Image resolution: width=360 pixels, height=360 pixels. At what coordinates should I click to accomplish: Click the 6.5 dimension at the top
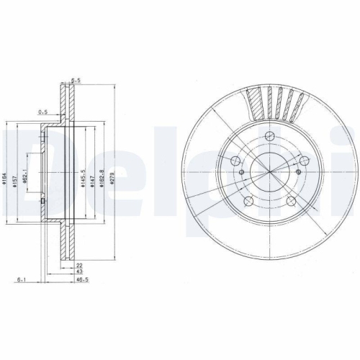(74, 81)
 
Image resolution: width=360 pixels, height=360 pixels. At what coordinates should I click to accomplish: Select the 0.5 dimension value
(42, 112)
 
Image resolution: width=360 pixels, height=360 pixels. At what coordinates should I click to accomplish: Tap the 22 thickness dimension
(78, 266)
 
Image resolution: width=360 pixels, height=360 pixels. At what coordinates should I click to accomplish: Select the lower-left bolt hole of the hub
(247, 201)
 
